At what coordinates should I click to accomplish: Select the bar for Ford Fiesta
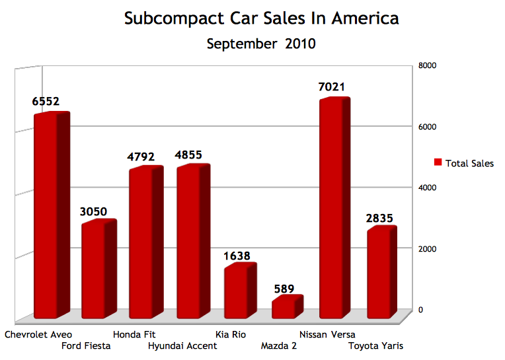[95, 271]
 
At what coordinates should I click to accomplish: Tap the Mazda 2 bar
[284, 309]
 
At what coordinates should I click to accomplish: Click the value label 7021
[331, 87]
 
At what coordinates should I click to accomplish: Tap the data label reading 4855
[188, 157]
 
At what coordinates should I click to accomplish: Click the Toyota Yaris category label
[376, 345]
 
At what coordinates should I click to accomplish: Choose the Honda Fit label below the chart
[134, 334]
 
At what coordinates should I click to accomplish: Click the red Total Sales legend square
[438, 162]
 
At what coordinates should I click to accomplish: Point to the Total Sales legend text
[469, 163]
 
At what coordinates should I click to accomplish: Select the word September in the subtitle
[243, 45]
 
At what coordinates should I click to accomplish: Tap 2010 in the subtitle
[301, 45]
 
